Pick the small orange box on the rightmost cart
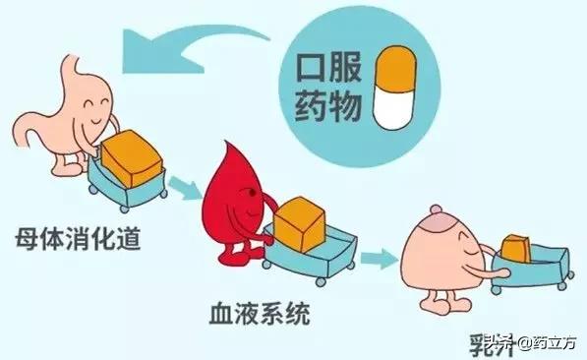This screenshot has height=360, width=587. tap(516, 250)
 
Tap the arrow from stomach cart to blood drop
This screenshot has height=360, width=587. tap(180, 185)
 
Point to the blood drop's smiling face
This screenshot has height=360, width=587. tap(250, 203)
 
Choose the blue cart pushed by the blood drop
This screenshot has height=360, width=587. tap(310, 251)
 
